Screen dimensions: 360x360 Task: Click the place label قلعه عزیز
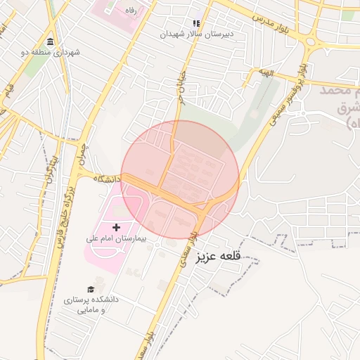pos(220,255)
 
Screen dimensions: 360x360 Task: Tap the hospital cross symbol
pos(117,227)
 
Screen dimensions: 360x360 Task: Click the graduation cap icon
pos(91,289)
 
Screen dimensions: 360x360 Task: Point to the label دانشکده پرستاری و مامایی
pos(91,304)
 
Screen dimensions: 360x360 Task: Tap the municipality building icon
pos(50,41)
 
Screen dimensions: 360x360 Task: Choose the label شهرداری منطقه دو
pos(51,53)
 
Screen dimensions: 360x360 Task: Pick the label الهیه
pos(264,72)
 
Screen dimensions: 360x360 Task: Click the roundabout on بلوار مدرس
pos(310,41)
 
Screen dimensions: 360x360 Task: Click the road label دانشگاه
pos(108,179)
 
